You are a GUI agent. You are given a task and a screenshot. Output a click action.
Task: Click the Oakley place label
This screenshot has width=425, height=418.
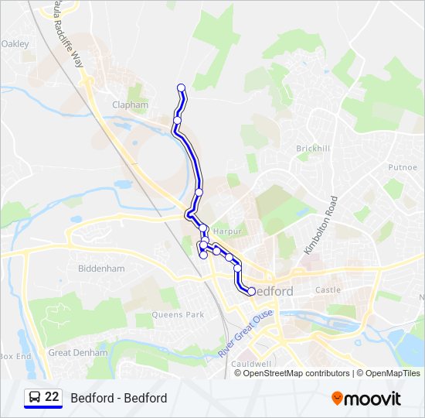pyautogui.click(x=16, y=44)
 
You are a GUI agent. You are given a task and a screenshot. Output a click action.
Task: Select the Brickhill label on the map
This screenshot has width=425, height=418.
pyautogui.click(x=313, y=148)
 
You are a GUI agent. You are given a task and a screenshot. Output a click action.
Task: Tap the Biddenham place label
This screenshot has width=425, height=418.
pyautogui.click(x=101, y=269)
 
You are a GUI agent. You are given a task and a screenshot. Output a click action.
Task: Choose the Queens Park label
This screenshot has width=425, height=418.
pyautogui.click(x=178, y=315)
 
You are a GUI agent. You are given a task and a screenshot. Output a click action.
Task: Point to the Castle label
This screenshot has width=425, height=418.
pyautogui.click(x=328, y=290)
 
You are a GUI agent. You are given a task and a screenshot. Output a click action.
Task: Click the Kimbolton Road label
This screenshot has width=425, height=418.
pyautogui.click(x=321, y=224)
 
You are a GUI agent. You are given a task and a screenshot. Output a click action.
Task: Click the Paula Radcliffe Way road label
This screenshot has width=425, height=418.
pyautogui.click(x=69, y=35)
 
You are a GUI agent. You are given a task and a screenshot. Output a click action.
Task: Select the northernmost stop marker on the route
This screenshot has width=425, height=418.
pyautogui.click(x=182, y=87)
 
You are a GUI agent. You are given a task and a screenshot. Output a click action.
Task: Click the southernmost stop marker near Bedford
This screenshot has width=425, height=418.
pyautogui.click(x=252, y=291)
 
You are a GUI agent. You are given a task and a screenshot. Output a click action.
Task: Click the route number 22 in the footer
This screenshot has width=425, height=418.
pyautogui.click(x=52, y=398)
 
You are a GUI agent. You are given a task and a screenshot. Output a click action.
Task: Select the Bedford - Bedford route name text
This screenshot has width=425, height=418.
pyautogui.click(x=118, y=399)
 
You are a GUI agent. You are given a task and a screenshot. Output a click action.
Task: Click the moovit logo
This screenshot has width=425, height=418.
pyautogui.click(x=366, y=399)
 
